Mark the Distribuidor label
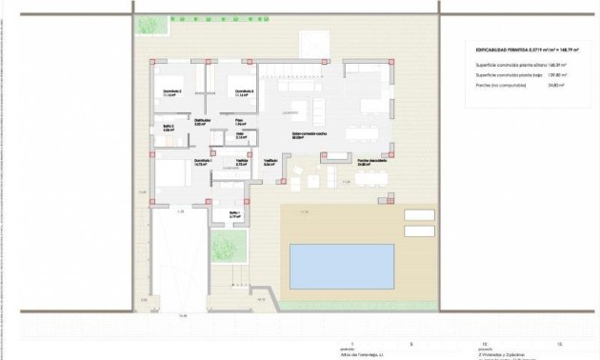202,121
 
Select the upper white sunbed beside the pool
418,215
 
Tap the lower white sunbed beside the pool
418,230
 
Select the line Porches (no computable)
504,85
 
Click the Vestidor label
242,161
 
